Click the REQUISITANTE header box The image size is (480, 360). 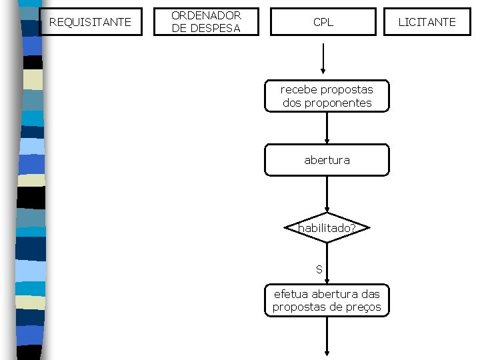[91, 22]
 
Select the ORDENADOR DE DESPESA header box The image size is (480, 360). [206, 22]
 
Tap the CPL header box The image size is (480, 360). [323, 22]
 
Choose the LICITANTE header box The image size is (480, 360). [427, 22]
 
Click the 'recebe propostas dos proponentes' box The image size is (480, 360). [327, 96]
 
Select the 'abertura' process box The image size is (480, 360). [327, 160]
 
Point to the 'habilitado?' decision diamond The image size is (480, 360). [327, 229]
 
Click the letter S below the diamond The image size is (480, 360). [319, 269]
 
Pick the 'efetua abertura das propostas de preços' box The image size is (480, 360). [327, 300]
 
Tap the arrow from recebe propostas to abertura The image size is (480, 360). [327, 128]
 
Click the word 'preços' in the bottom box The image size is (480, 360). [365, 307]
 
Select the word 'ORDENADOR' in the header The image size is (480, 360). [206, 15]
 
